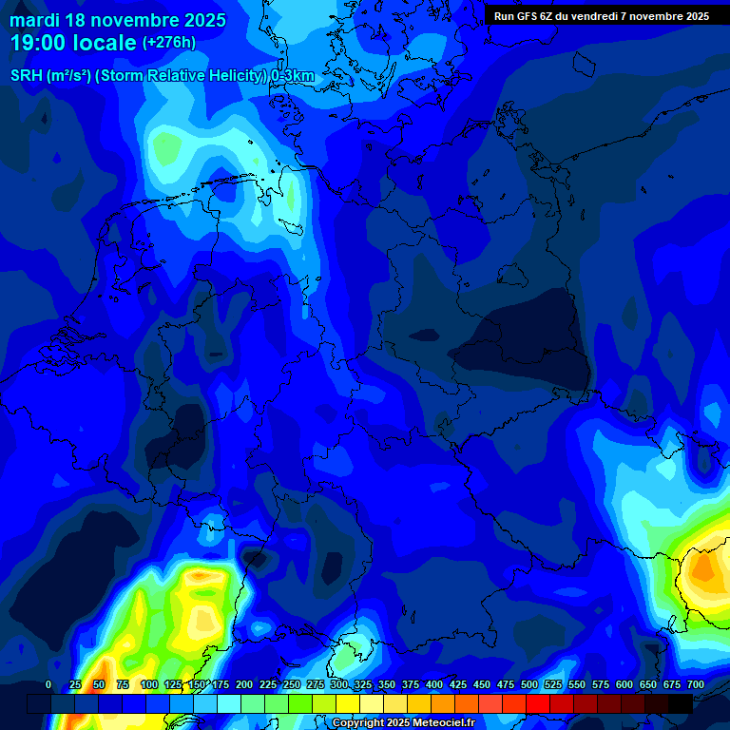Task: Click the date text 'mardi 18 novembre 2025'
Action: coord(118,19)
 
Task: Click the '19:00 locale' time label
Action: coord(74,43)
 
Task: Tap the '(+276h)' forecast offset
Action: coord(169,43)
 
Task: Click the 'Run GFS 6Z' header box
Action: coord(601,16)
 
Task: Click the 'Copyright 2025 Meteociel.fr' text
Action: coord(403,723)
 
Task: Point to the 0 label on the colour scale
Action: coord(48,684)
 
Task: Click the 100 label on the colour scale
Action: coord(149,684)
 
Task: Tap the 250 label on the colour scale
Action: coord(292,684)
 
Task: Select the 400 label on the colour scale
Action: coord(434,684)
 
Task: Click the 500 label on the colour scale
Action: coord(529,684)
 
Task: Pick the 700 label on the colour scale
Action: coord(696,684)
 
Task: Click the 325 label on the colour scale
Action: coord(363,684)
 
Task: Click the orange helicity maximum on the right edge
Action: coord(703,567)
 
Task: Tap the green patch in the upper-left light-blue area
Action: coord(167,147)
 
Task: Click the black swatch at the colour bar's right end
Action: coord(681,703)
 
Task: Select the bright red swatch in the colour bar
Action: coord(538,703)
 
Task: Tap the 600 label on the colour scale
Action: coord(624,684)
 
